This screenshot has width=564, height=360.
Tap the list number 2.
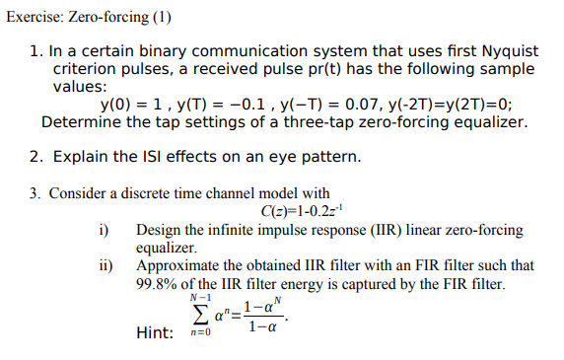35,157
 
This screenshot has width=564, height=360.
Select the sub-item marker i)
101,230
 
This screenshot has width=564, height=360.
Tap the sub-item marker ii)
102,265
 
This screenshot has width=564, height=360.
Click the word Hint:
156,333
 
